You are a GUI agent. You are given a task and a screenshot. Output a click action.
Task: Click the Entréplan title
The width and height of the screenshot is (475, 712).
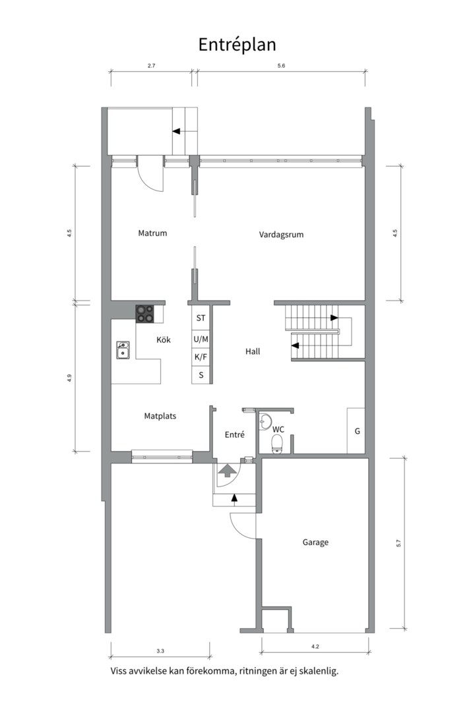[237, 45]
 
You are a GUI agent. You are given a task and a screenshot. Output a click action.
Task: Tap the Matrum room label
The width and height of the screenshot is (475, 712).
[153, 233]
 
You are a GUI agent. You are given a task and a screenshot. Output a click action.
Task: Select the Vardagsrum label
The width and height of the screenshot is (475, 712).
[281, 235]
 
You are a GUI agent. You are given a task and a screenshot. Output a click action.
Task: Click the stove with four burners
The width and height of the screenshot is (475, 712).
[144, 314]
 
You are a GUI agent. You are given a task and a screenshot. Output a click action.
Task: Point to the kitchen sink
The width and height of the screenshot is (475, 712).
[123, 350]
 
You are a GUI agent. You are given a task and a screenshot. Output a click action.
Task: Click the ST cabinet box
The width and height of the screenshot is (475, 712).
[201, 318]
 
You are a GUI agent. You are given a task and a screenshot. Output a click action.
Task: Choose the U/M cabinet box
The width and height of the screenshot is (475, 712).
[201, 340]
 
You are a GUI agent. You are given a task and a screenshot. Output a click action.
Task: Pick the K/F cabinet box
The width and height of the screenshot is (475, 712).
[201, 357]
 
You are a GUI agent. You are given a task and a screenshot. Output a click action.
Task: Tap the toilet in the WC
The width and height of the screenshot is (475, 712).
[276, 444]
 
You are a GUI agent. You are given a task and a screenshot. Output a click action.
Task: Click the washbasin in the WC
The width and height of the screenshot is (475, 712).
[264, 422]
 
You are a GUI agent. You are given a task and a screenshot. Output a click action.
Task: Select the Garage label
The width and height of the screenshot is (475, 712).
[315, 542]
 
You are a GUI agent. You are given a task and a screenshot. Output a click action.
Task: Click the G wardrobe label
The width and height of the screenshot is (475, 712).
[358, 431]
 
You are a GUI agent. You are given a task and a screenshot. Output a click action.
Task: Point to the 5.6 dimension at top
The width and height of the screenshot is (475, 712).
[281, 66]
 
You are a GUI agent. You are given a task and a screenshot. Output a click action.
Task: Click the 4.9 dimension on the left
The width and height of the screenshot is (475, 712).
[69, 377]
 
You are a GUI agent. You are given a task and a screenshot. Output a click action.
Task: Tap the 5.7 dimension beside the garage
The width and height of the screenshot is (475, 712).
[398, 543]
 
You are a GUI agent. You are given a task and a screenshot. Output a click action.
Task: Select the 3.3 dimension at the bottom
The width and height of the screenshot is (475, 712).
[160, 651]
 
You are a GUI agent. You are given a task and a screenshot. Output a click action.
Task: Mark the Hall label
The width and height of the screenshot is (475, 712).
[253, 351]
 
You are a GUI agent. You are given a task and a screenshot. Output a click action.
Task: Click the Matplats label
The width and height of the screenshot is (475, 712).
[160, 416]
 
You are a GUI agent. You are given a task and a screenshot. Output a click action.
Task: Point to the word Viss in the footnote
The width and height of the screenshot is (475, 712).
[120, 671]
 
